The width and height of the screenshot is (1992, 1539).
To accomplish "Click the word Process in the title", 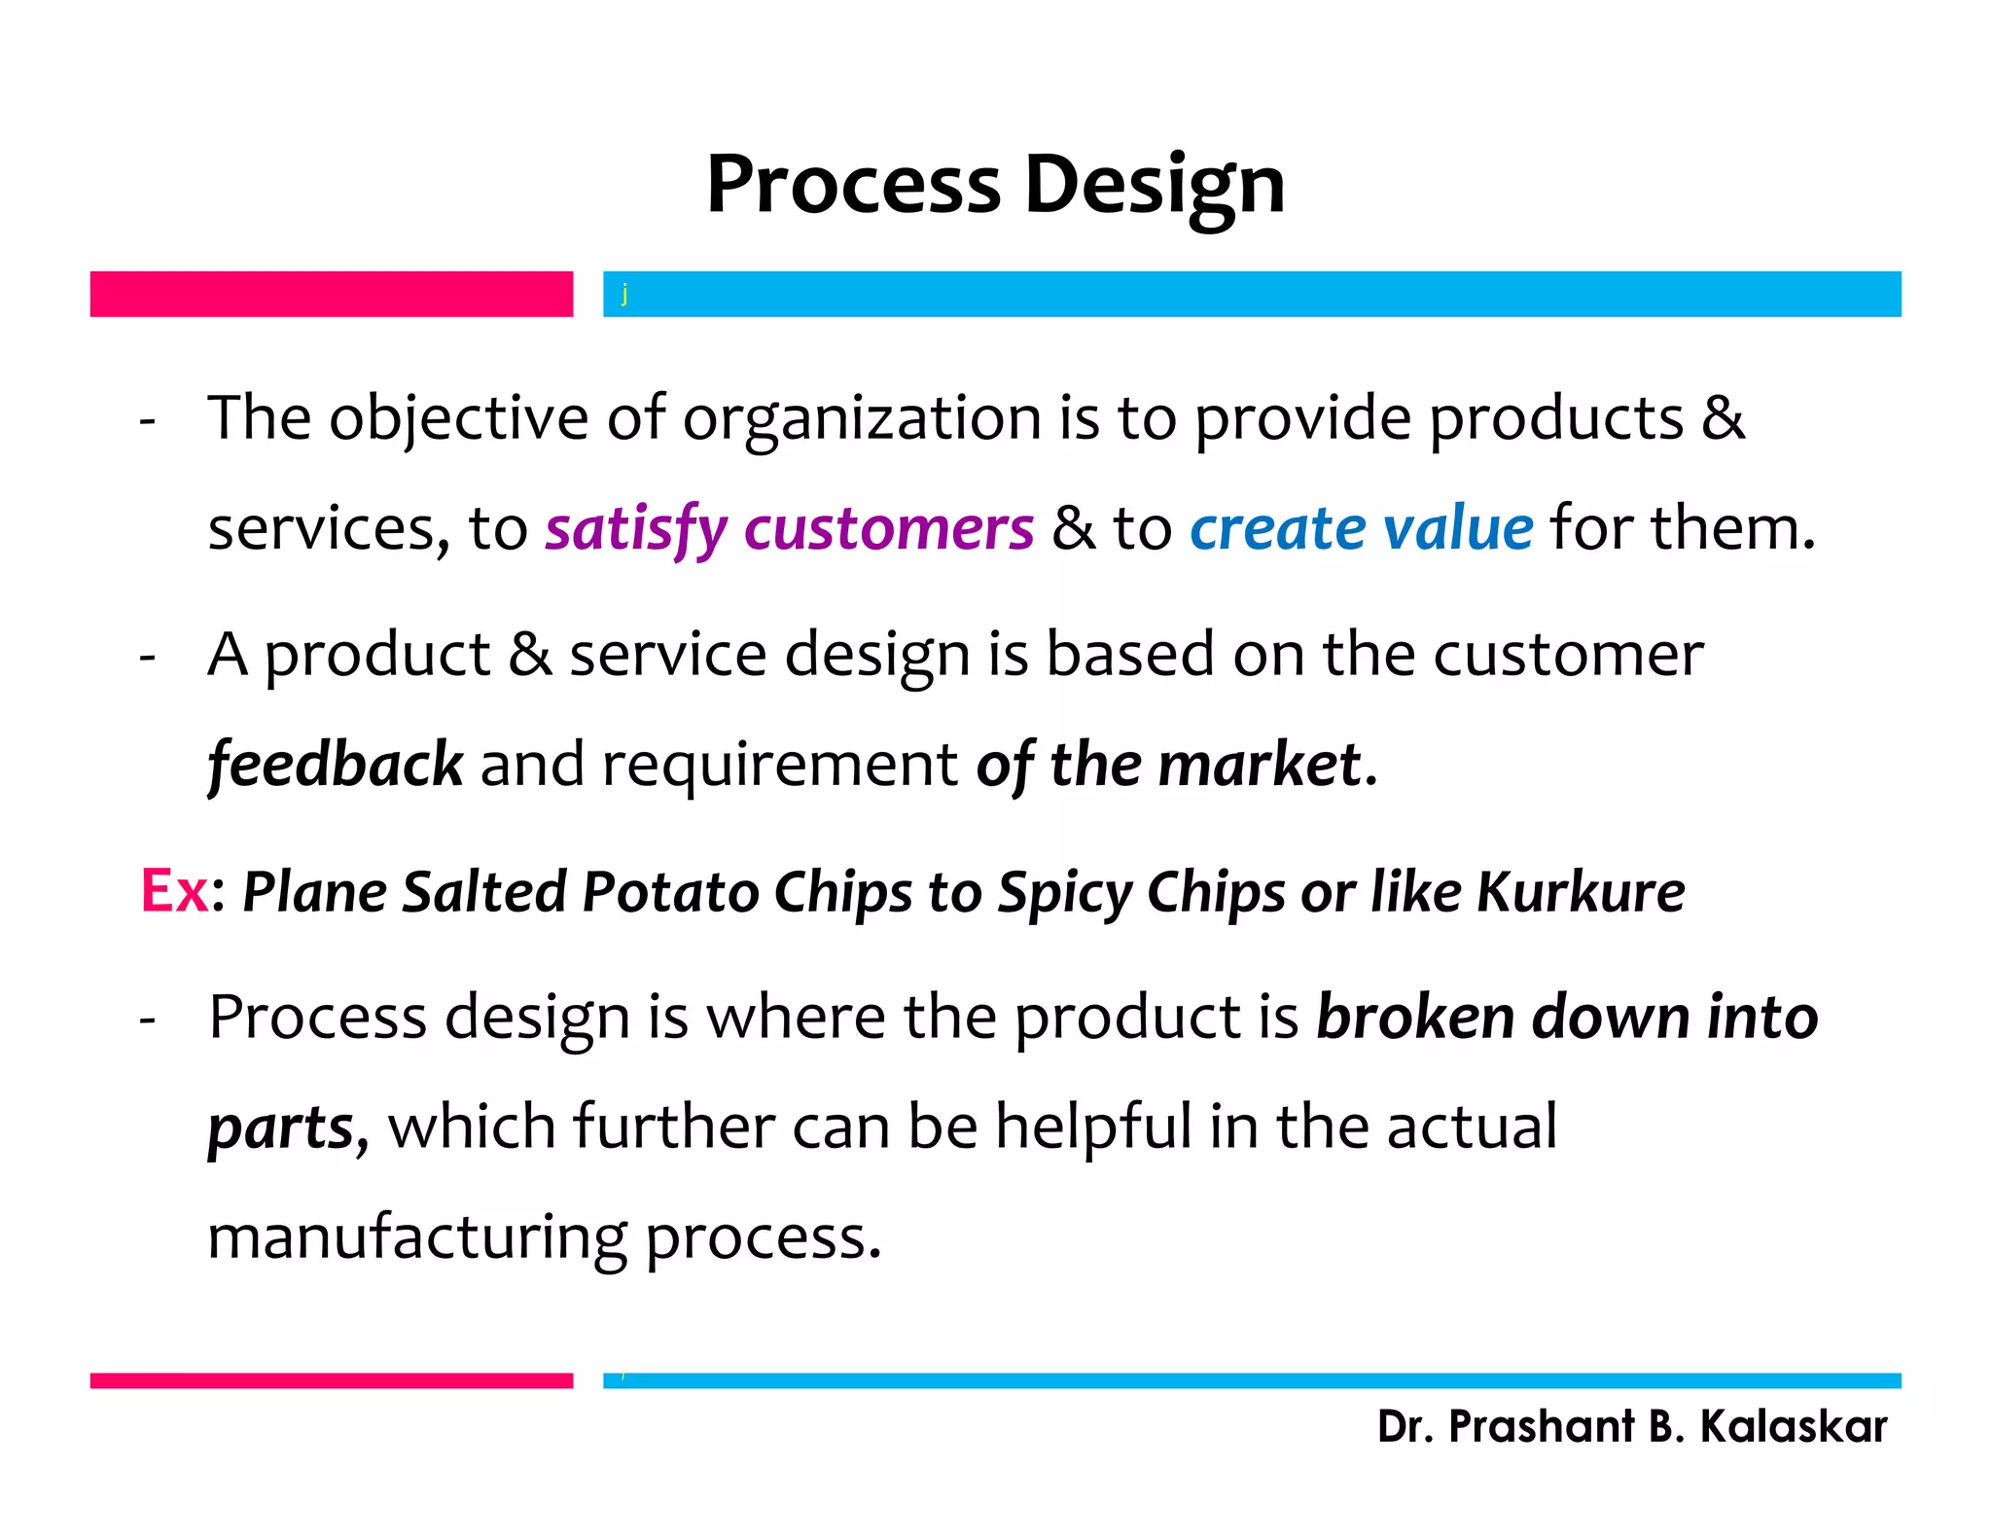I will [852, 185].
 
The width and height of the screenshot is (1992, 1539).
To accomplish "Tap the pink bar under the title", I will [331, 294].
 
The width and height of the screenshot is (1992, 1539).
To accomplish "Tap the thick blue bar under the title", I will [1251, 294].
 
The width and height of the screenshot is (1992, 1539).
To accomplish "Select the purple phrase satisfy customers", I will [789, 529].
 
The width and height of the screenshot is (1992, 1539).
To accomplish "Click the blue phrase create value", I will [1361, 529].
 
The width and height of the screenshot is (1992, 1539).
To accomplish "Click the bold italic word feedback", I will [335, 765].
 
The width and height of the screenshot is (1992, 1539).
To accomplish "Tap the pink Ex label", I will [174, 890].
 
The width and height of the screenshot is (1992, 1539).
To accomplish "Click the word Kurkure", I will [1580, 892].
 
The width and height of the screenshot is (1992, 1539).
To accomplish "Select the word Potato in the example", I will [669, 892].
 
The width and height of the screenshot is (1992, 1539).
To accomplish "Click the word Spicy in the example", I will [1065, 892].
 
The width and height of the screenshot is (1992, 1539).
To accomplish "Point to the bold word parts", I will [281, 1128].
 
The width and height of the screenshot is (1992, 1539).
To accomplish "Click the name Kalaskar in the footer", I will [1793, 1427].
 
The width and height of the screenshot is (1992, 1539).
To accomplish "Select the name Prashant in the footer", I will [1541, 1427].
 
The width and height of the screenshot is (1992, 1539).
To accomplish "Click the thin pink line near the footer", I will [331, 1380].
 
